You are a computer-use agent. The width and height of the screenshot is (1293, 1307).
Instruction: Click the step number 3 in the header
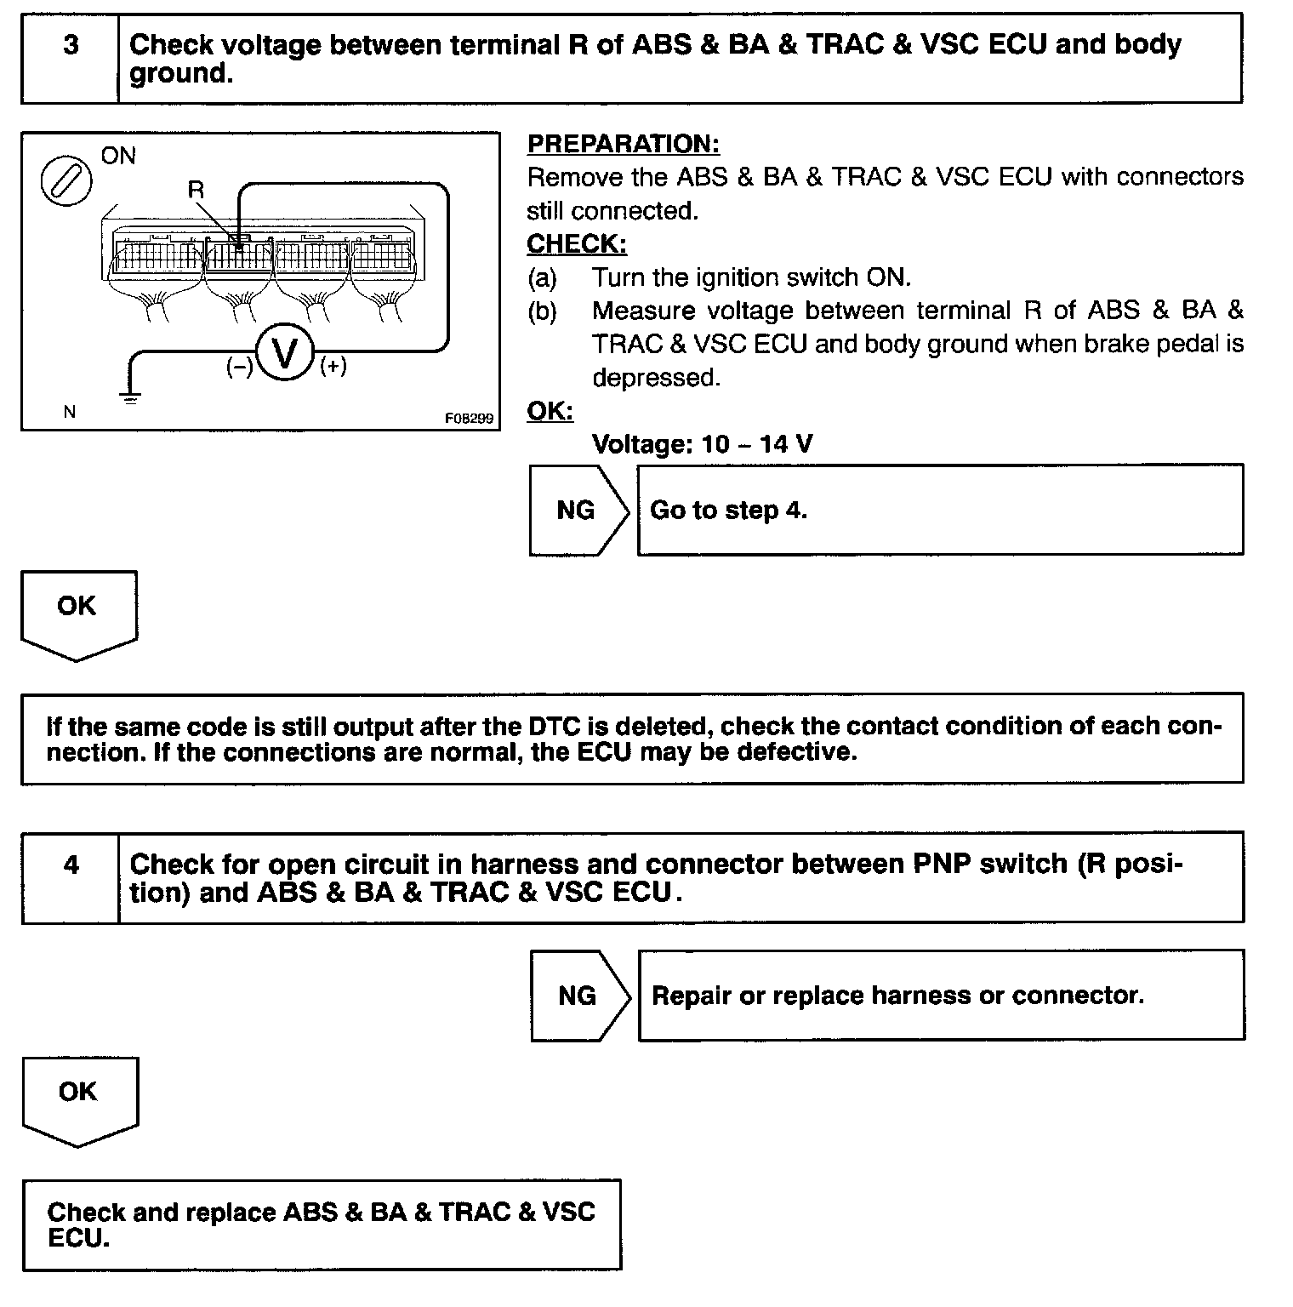pyautogui.click(x=71, y=45)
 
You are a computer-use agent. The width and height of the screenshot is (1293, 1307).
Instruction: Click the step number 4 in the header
pyautogui.click(x=71, y=865)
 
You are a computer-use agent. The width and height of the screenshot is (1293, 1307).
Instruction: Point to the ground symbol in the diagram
pyautogui.click(x=130, y=397)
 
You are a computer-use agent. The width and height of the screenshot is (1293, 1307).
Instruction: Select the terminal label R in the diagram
pyautogui.click(x=197, y=190)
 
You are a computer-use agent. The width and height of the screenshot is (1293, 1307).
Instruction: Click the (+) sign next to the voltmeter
pyautogui.click(x=333, y=366)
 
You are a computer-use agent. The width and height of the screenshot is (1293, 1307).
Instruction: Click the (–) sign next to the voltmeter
pyautogui.click(x=239, y=367)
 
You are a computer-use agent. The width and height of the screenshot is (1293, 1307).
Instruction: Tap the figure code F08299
pyautogui.click(x=469, y=419)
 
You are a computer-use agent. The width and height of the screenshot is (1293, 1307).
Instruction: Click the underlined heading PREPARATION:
pyautogui.click(x=624, y=144)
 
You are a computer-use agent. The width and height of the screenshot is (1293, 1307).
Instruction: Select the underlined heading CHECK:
pyautogui.click(x=577, y=244)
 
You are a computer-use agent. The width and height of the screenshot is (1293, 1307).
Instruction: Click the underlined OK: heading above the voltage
pyautogui.click(x=550, y=411)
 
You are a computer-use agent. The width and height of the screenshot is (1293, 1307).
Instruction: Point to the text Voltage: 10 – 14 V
pyautogui.click(x=702, y=444)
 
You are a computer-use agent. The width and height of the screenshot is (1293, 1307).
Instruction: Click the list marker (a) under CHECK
pyautogui.click(x=542, y=278)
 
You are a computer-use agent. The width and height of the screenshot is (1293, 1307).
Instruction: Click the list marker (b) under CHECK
pyautogui.click(x=542, y=311)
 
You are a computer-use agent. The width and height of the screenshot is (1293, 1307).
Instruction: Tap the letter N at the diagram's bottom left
pyautogui.click(x=70, y=413)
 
